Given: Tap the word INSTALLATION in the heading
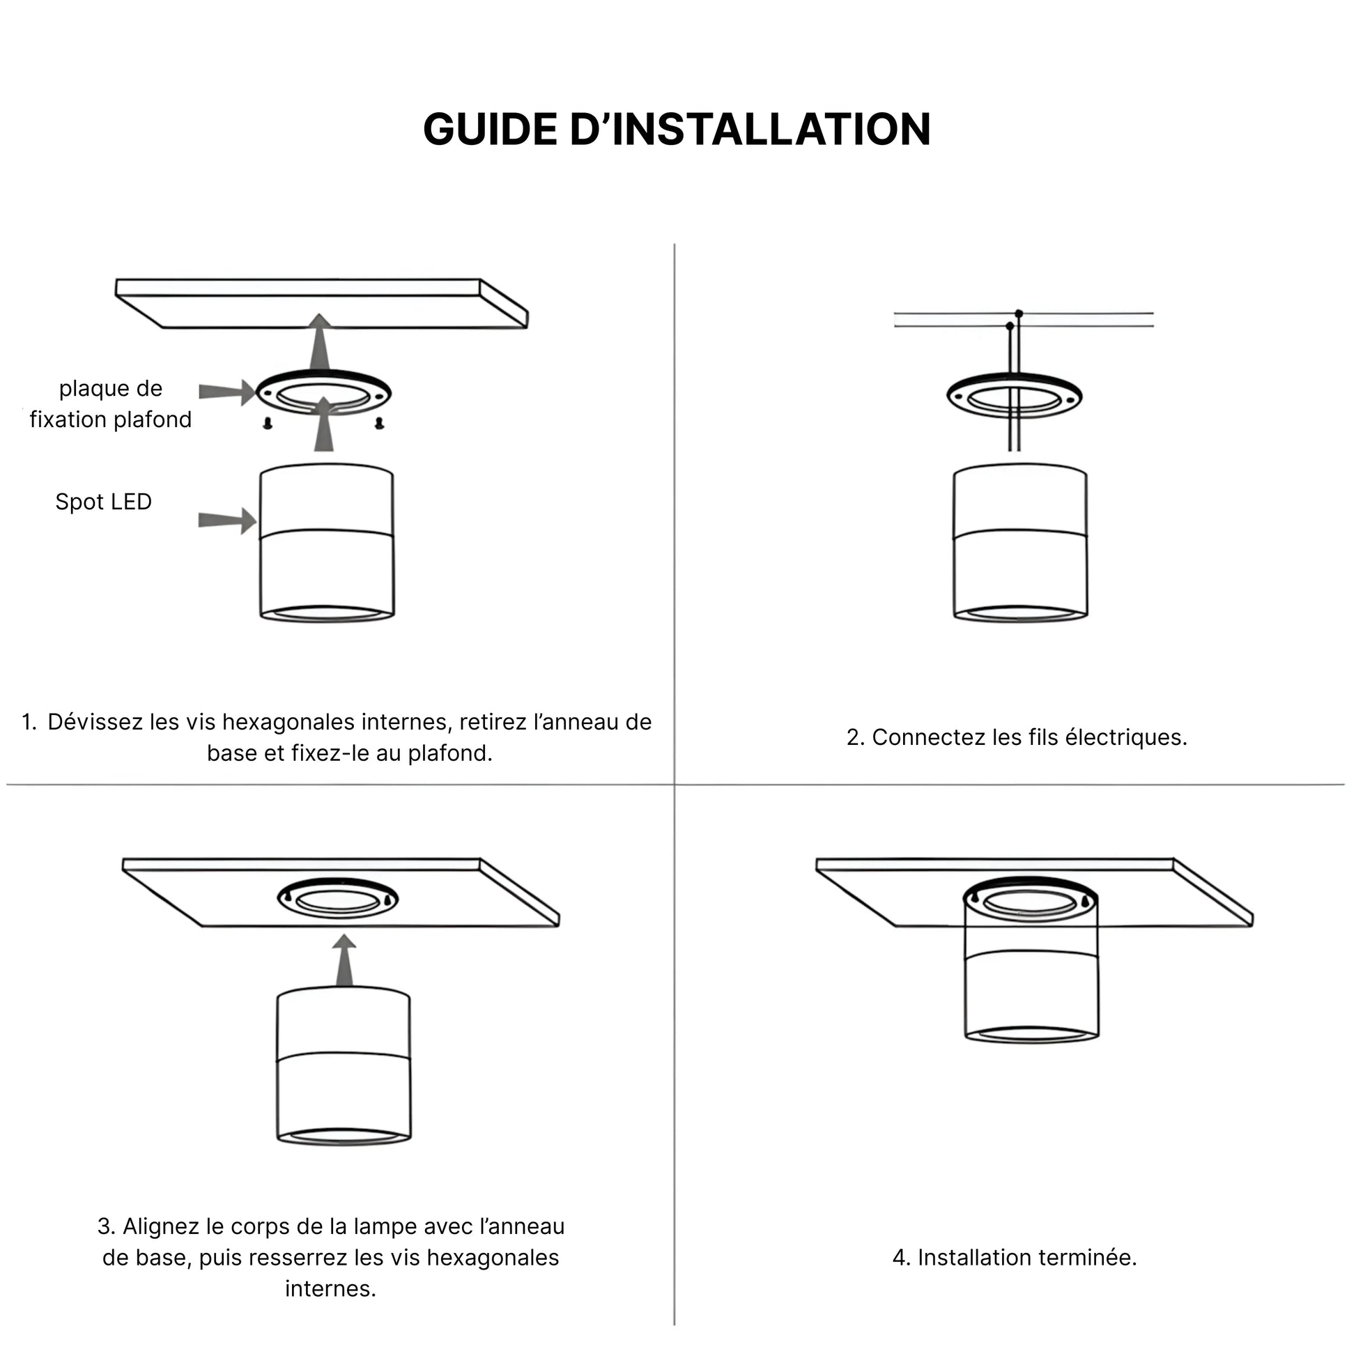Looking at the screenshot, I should tap(772, 130).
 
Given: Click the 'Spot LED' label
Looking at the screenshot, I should tap(104, 502).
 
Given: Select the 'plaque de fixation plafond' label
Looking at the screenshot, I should tap(110, 403).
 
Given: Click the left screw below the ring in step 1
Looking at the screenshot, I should tap(268, 422).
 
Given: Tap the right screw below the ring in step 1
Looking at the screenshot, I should tap(379, 422).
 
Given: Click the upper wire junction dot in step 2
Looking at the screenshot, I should tap(1019, 313).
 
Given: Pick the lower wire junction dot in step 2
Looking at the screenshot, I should tap(1010, 325).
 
